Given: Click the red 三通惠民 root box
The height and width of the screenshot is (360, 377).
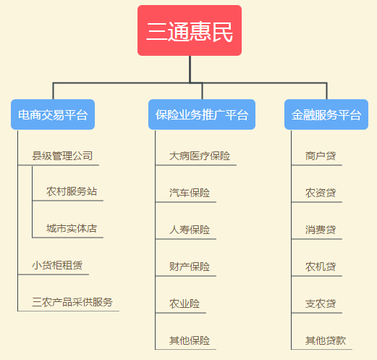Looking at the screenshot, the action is pos(190,30).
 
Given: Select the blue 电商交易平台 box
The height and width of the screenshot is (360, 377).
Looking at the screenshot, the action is pos(53,114).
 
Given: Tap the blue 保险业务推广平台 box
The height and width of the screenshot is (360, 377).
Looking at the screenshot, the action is pos(202,114).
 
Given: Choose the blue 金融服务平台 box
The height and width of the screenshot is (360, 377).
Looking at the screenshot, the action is pos(326,114).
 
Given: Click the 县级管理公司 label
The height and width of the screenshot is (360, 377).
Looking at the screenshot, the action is pos(62,156).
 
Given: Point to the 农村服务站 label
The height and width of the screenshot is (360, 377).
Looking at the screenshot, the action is pos(72,191).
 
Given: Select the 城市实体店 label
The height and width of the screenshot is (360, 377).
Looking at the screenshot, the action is pos(72,228).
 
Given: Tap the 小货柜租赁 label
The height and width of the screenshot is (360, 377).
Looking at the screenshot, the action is pos(57,265).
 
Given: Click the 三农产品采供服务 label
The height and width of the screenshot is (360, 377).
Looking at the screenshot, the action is pos(72,302).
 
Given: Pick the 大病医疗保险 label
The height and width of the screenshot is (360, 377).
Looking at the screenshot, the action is pos(200,156).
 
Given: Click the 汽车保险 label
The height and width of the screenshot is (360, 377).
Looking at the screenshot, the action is pos(190,193).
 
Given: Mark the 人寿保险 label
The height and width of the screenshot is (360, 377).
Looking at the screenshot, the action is pos(190,230).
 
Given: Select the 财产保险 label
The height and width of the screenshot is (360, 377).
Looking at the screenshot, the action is pos(190,267).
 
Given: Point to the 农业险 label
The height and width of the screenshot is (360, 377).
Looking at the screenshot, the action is pos(185,304).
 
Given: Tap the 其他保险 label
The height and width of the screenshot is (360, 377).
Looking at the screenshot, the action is pos(190,340).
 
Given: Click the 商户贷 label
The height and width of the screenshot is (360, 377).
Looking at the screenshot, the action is pos(321,156).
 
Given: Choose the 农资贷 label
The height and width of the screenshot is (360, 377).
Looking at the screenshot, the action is pos(321,193).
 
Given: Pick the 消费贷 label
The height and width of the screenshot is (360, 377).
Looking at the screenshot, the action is pos(321,230).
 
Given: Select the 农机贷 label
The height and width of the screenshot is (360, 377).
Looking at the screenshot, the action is pos(321,267).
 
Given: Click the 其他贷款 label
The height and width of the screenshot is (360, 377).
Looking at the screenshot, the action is pos(326,340).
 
